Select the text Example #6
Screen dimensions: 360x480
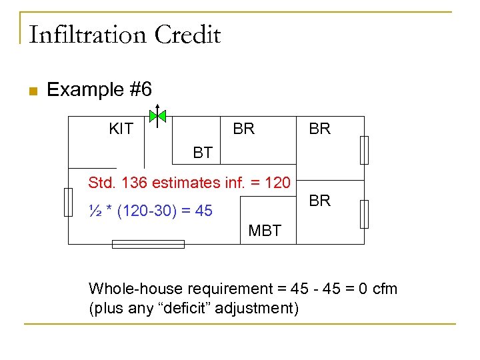click(x=99, y=89)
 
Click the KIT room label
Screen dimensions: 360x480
click(x=121, y=129)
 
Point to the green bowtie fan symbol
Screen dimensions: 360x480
click(x=157, y=117)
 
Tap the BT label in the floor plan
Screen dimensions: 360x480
click(x=203, y=153)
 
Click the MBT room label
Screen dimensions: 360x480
click(x=265, y=231)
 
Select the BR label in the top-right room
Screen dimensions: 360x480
click(x=319, y=129)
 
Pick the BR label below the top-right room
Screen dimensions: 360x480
click(x=319, y=201)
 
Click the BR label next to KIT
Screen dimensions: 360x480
click(x=243, y=129)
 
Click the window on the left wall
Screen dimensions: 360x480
click(x=68, y=202)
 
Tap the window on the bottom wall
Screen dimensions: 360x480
click(x=148, y=245)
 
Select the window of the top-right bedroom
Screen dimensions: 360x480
click(x=364, y=149)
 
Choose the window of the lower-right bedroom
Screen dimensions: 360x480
click(x=364, y=214)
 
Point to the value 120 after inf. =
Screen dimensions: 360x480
click(x=277, y=182)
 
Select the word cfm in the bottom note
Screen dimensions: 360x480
click(x=384, y=289)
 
